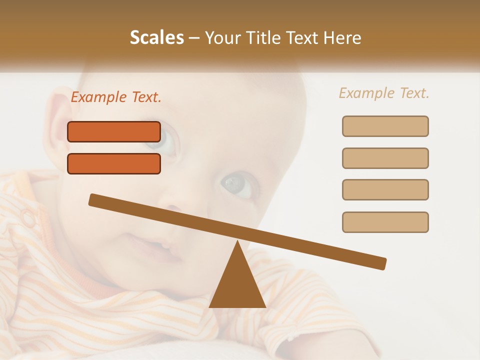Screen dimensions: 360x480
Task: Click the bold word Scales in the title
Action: [x=156, y=37]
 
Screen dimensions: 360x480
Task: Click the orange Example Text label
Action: [x=116, y=97]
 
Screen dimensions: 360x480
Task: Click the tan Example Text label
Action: [x=384, y=93]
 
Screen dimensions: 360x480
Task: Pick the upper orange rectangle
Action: [x=114, y=131]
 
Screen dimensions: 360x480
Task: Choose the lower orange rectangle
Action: [x=114, y=163]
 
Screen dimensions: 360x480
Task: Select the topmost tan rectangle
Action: [x=385, y=126]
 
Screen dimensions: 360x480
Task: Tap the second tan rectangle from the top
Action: [x=385, y=158]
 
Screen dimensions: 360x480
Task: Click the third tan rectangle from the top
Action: [x=385, y=189]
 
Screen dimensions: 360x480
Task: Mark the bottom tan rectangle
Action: [x=385, y=222]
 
